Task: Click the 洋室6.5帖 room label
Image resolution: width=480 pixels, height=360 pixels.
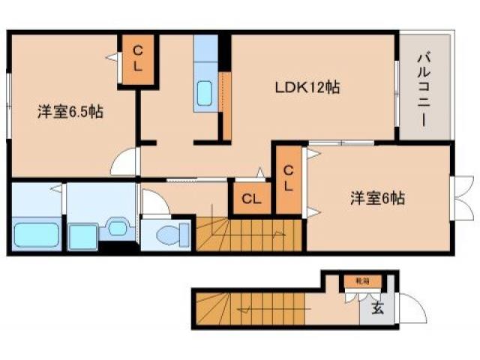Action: (x=70, y=112)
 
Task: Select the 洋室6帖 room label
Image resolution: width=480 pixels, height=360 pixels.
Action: (x=378, y=199)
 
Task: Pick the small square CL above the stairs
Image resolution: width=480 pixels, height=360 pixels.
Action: (x=252, y=199)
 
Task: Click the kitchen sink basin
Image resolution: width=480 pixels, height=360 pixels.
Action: (x=205, y=95)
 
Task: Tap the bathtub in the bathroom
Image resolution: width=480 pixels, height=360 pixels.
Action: (x=36, y=236)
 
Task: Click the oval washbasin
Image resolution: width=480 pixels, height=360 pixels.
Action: (x=116, y=227)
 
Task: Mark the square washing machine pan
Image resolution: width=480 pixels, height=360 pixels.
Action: (x=82, y=235)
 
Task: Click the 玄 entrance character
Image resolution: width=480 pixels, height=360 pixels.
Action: (x=377, y=307)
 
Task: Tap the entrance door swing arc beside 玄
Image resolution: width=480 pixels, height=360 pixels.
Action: (x=409, y=307)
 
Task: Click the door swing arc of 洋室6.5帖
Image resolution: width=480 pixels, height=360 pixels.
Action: (x=125, y=163)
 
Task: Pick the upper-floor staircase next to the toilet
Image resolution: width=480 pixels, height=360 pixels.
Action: (x=247, y=235)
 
